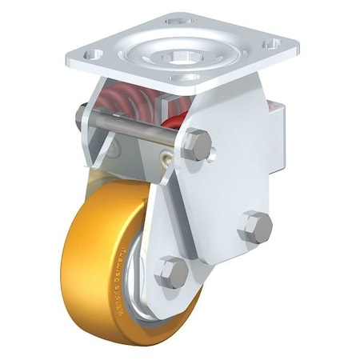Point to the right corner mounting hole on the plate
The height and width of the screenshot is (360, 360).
(x=270, y=44)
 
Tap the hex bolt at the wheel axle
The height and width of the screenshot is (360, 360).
(x=171, y=272)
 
